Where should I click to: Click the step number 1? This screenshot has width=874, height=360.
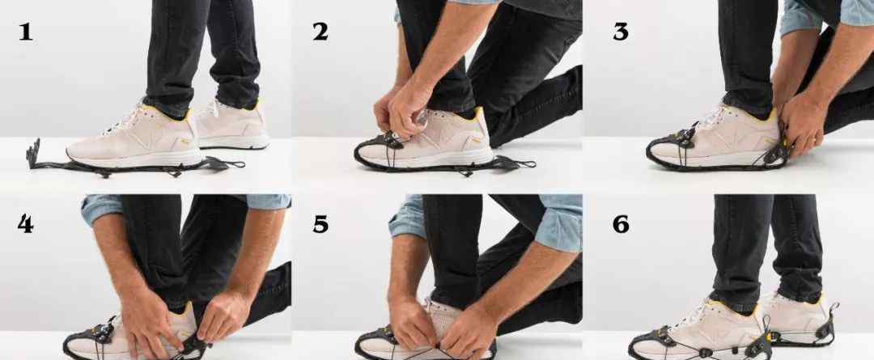pos(26,32)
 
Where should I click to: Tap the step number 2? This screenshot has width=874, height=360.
pos(320,32)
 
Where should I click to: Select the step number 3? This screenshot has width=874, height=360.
pos(621,32)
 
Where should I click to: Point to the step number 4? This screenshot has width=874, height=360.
pos(25,224)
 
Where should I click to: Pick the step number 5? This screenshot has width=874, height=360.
pos(320,224)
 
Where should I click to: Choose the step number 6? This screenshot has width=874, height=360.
pos(621,224)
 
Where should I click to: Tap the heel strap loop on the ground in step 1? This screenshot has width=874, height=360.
pos(225,163)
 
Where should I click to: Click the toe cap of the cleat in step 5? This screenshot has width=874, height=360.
pos(378,343)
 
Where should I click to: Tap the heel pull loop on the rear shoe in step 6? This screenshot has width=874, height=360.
pos(833,309)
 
